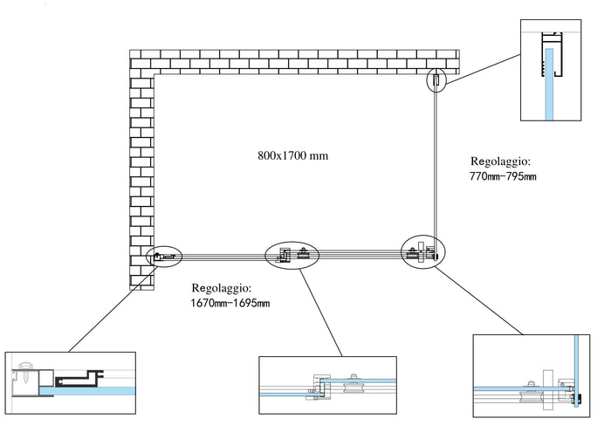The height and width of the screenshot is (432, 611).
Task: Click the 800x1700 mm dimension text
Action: (293, 156)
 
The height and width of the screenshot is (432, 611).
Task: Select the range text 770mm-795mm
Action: (503, 177)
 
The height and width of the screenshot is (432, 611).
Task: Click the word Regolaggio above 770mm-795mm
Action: (500, 161)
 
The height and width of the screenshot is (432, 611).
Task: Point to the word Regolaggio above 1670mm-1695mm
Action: (222, 287)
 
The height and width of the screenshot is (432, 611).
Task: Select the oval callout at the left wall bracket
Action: (165, 257)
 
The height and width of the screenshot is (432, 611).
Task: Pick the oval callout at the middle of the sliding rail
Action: (292, 254)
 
